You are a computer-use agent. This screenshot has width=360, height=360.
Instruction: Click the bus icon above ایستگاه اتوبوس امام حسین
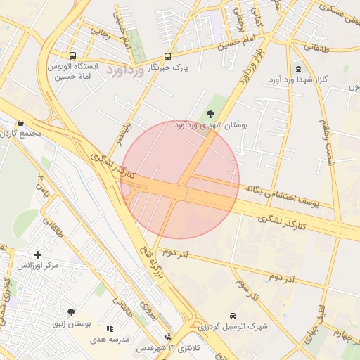tap(72, 56)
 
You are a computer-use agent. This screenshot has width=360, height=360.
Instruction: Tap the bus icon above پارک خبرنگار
tap(167, 56)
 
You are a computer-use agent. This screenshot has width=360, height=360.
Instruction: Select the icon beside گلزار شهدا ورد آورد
tap(298, 69)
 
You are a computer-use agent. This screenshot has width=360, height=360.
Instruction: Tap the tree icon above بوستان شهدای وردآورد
tap(210, 113)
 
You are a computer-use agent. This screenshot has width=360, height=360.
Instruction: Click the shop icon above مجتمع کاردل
tap(20, 122)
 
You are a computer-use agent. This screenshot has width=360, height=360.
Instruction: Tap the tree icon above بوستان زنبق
tap(71, 311)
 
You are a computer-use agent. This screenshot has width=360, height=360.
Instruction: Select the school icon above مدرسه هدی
tap(110, 328)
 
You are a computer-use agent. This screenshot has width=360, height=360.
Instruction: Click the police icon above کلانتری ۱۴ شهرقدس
tap(167, 337)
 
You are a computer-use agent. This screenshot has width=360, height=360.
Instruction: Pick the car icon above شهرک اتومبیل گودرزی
tap(233, 316)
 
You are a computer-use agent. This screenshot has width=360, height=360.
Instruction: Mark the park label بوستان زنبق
tap(72, 323)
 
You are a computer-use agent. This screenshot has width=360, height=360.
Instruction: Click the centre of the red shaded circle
tap(180, 179)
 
